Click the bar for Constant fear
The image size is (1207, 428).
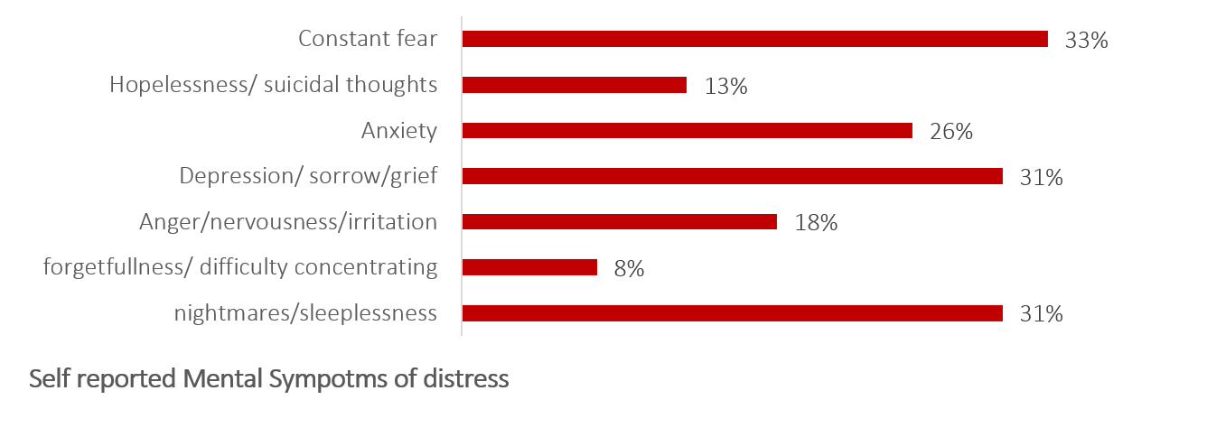754,39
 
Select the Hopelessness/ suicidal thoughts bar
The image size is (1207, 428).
574,85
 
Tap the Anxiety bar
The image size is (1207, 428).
687,131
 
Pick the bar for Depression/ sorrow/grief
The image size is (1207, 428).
732,176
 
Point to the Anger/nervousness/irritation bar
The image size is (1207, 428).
619,222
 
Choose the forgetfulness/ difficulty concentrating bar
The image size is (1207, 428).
529,267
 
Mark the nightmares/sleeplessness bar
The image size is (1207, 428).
732,313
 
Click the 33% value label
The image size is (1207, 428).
1086,41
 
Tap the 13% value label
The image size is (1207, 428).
725,87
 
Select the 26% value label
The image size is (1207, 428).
950,132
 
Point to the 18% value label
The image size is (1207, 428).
816,223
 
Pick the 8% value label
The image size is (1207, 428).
629,269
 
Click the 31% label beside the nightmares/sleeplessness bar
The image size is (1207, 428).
1041,314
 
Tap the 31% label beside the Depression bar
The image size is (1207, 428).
1041,178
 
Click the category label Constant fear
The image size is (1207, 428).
368,39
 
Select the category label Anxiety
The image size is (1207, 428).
399,131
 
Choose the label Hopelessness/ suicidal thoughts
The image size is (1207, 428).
274,85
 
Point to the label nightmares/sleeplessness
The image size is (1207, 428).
305,313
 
